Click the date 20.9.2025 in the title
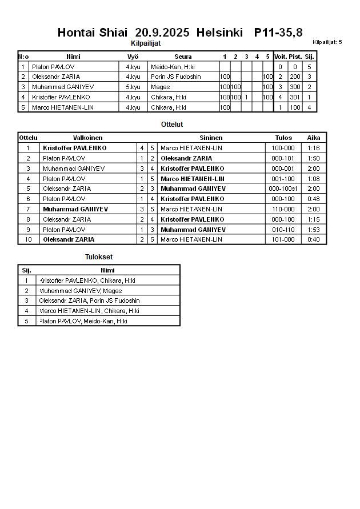coord(162,33)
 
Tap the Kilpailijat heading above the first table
coord(146,43)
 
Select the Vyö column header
coord(133,57)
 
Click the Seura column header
coord(183,57)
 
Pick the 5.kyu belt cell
coord(133,87)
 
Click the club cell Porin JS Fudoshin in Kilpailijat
coord(176,77)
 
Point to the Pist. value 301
coord(295,97)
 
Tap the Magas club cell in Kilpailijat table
coord(160,87)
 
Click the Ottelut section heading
coord(172,124)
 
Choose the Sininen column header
coord(211,138)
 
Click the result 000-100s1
coord(283,189)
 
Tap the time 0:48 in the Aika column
coord(314,199)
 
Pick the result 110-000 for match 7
coord(283,209)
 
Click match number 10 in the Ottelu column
coord(28,239)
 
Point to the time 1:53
coord(314,230)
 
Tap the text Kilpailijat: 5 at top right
coord(327,42)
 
